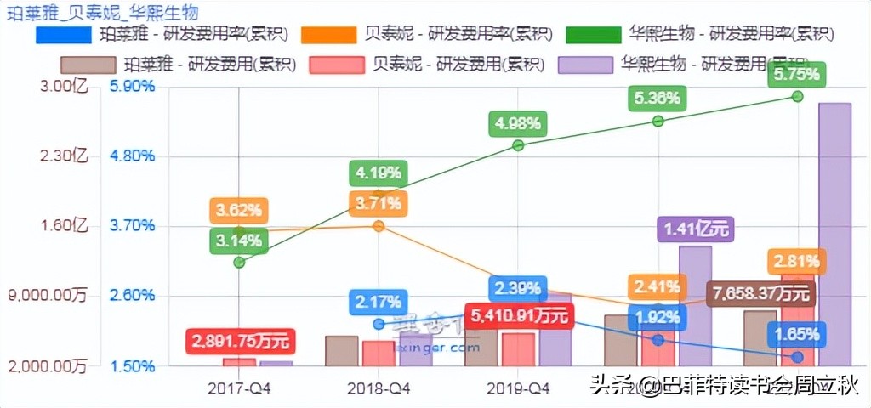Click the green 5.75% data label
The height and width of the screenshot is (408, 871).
[797, 74]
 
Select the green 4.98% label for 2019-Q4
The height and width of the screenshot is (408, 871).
[518, 124]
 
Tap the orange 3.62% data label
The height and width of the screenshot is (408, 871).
[239, 210]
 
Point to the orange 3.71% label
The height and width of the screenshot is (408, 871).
[379, 203]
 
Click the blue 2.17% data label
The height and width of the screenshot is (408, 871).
[379, 302]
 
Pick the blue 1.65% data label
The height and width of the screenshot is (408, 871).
[797, 334]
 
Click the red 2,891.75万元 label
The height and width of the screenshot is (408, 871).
[241, 342]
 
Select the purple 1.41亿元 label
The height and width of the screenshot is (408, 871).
[695, 229]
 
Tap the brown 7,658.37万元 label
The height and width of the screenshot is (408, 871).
[761, 294]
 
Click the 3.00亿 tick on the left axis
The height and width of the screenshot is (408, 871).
[65, 86]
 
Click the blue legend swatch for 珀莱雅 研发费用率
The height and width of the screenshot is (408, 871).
[63, 35]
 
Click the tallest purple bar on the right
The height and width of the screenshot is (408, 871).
[834, 234]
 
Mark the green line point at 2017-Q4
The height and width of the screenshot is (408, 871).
[239, 262]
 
